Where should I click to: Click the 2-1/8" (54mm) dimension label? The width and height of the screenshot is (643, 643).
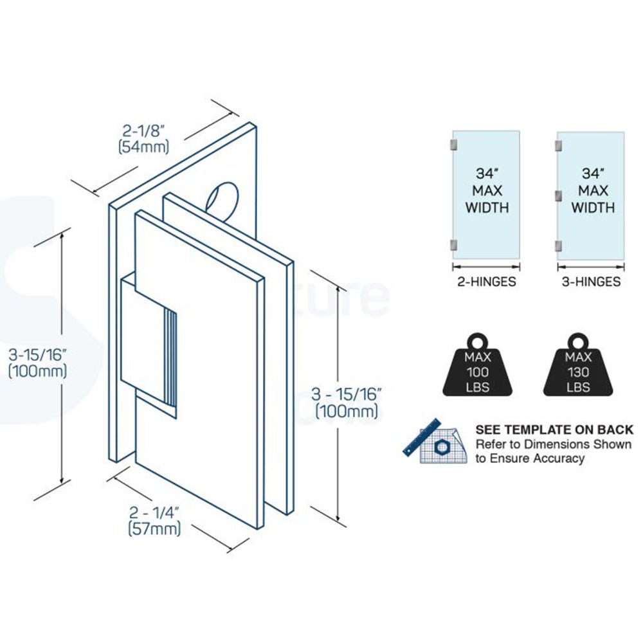click(x=144, y=139)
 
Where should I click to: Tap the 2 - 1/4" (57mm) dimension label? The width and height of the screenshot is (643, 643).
click(x=154, y=521)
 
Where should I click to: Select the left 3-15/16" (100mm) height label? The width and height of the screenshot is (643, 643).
click(x=37, y=362)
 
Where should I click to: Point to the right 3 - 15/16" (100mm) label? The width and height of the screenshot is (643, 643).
click(x=346, y=403)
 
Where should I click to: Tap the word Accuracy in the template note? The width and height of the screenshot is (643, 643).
click(x=558, y=458)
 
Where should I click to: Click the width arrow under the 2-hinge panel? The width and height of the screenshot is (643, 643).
click(x=485, y=266)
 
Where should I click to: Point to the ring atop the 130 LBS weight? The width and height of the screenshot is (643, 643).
click(x=577, y=339)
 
